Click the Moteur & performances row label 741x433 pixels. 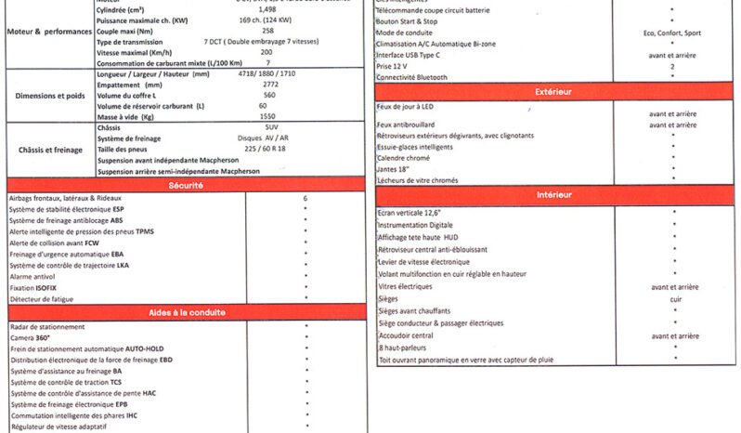pos(48,31)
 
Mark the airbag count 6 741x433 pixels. pos(305,199)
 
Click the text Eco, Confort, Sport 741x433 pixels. pos(673,32)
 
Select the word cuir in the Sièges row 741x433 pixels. pos(674,299)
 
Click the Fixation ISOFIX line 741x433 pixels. pos(36,288)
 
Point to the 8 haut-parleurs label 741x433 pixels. pos(415,347)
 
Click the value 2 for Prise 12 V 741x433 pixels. pos(671,67)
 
